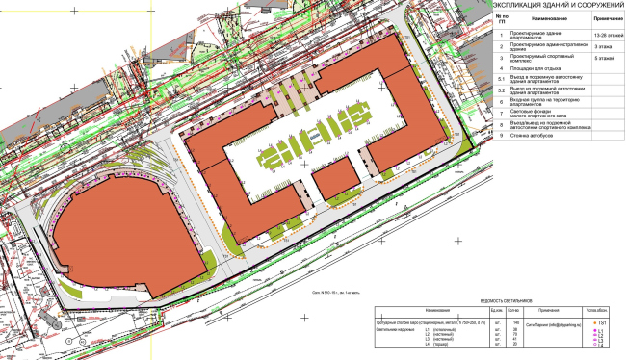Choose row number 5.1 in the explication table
tap(500, 78)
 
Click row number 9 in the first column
tap(500, 136)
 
